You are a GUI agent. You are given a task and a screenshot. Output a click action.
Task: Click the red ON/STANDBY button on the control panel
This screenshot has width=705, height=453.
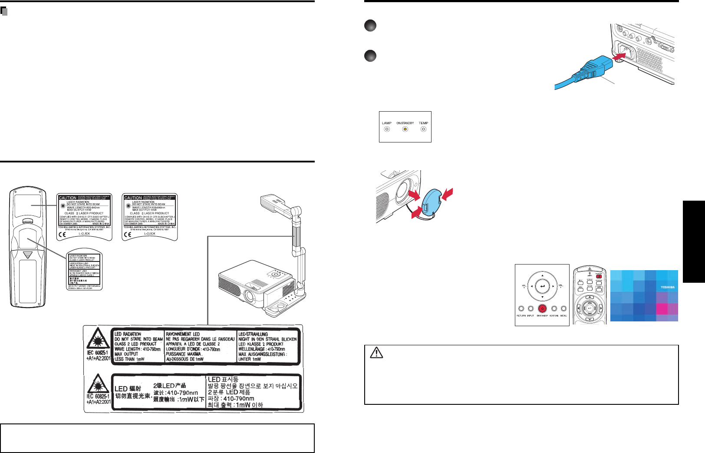click(542, 309)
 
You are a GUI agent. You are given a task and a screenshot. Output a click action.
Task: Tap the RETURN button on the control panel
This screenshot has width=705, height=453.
click(521, 309)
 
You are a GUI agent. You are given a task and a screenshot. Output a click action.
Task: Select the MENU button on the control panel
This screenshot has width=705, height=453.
click(563, 309)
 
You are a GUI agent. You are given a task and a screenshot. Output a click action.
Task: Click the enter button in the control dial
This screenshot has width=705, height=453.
click(542, 287)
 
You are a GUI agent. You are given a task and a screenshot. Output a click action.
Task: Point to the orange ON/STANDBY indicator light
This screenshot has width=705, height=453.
click(405, 129)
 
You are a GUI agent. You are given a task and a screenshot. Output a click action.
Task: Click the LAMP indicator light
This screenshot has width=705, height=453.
click(387, 129)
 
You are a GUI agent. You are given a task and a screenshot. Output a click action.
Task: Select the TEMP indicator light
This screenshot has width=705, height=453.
click(423, 129)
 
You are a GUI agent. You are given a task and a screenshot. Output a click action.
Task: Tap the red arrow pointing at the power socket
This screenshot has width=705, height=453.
click(620, 56)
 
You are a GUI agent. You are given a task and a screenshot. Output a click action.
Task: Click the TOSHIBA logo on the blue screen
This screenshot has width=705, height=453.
click(668, 287)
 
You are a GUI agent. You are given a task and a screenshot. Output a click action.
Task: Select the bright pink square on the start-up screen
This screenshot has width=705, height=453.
click(662, 309)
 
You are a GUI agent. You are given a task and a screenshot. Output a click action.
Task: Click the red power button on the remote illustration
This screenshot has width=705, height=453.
click(599, 276)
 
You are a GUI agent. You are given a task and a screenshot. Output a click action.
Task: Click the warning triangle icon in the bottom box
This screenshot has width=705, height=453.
click(376, 353)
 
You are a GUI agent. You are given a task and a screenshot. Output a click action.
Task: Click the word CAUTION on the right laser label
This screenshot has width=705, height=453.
click(133, 198)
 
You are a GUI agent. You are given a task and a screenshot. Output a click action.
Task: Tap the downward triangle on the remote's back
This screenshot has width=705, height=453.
click(28, 255)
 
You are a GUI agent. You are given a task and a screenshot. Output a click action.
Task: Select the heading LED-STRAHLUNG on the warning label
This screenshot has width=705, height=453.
click(253, 334)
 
